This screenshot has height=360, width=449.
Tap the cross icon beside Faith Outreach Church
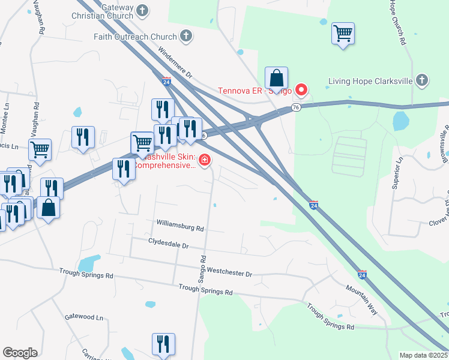(x=186, y=36)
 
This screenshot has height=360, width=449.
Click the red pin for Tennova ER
(x=301, y=91)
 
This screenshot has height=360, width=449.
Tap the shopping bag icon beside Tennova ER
(x=276, y=78)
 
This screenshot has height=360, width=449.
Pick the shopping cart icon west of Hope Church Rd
(x=343, y=34)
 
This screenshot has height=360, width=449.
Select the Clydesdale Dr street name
(x=169, y=245)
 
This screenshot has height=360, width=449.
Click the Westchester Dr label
(x=231, y=273)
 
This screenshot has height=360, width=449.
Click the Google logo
(x=20, y=353)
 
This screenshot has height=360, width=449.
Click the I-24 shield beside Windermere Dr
(x=166, y=81)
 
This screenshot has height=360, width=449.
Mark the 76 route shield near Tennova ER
(x=295, y=107)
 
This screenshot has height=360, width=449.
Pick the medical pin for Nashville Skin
(x=205, y=160)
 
